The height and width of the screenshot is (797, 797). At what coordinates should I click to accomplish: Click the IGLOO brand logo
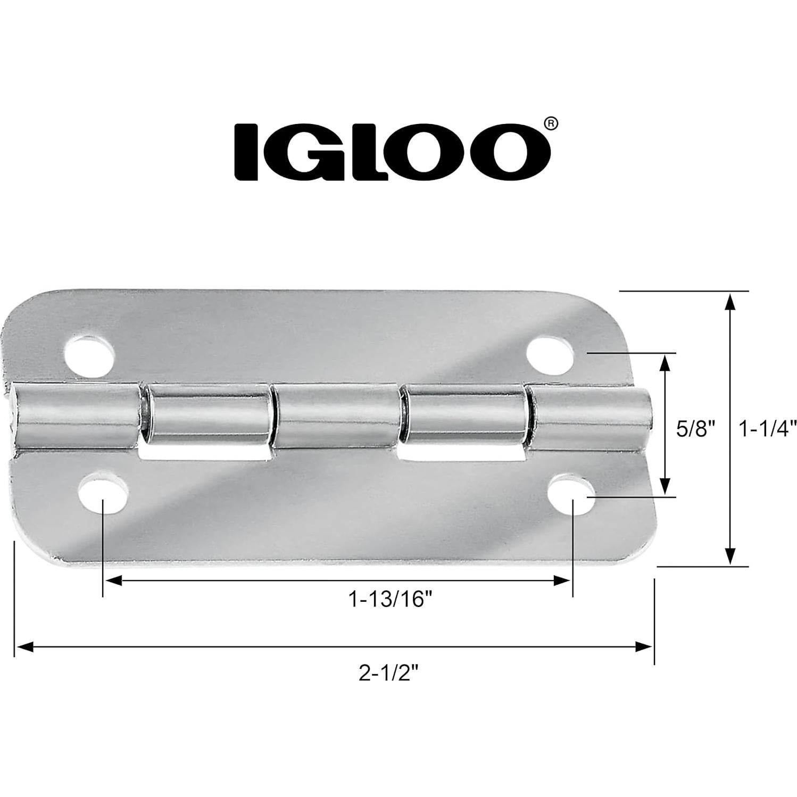pos(393,152)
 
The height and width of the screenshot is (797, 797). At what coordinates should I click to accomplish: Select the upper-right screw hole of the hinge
pos(551,352)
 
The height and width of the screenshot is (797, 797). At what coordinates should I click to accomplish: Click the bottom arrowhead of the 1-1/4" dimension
pos(730,555)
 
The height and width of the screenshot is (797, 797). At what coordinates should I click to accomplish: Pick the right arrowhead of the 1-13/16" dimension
pos(563,581)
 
